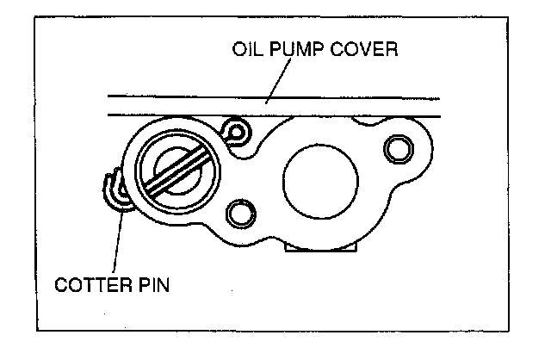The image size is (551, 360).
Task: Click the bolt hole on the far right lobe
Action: point(398,148)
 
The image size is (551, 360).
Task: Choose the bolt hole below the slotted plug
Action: point(236,212)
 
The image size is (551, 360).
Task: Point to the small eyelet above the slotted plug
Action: point(233,132)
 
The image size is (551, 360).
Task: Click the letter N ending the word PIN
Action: point(164,284)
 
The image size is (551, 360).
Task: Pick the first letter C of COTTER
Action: point(63,284)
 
